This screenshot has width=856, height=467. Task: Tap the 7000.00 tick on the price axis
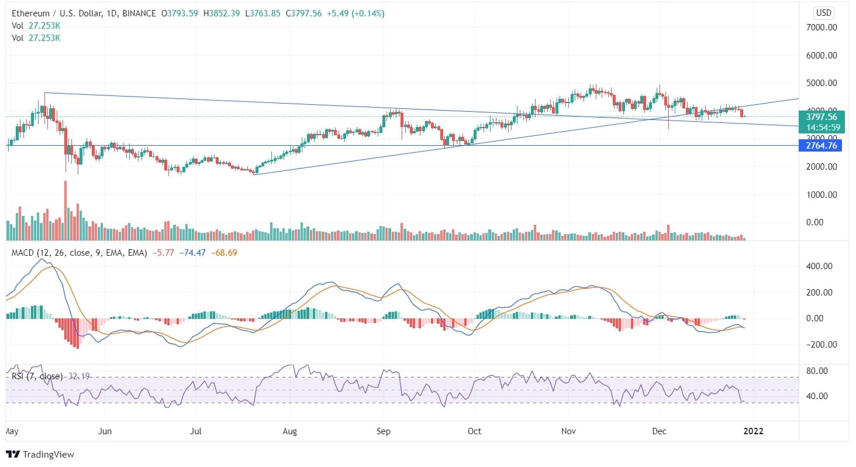[822, 28]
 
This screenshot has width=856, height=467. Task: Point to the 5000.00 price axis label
[822, 83]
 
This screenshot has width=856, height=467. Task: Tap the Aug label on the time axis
[289, 431]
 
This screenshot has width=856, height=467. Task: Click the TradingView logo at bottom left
[40, 454]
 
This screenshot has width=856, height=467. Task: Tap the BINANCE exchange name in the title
[137, 13]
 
